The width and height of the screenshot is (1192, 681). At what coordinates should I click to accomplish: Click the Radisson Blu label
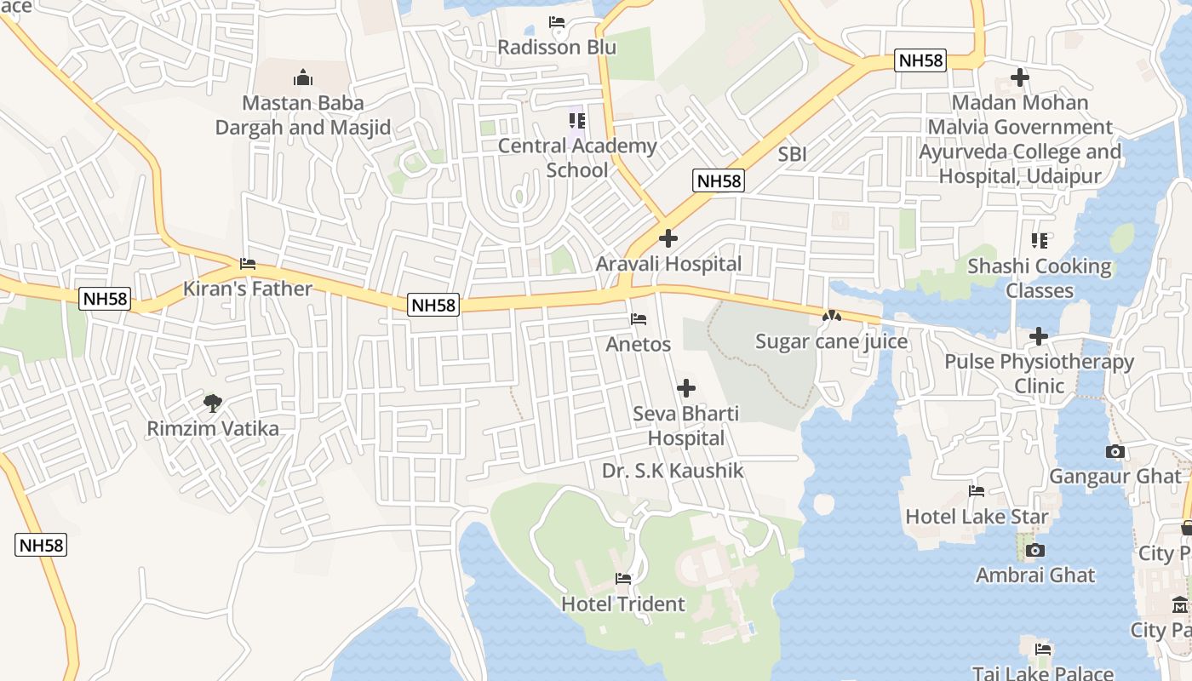[x=556, y=47]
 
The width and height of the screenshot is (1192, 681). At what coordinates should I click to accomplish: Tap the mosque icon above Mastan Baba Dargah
[x=303, y=78]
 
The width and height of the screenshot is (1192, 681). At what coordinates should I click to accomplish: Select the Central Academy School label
[x=577, y=157]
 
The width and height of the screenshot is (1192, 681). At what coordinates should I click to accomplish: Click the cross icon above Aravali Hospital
[x=668, y=238]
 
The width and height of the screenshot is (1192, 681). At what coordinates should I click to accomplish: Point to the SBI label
[x=792, y=155]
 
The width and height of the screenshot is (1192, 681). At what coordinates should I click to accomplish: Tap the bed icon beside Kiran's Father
[x=248, y=264]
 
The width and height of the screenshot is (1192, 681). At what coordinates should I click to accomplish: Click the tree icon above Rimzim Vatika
[x=213, y=403]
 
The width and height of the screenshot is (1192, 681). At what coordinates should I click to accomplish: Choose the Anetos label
[x=638, y=345]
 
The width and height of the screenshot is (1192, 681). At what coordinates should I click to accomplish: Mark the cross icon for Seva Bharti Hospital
[x=685, y=389]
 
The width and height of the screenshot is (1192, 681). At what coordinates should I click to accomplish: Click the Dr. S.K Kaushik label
[x=673, y=471]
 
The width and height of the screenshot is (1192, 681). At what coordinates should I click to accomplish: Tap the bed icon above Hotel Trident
[x=623, y=579]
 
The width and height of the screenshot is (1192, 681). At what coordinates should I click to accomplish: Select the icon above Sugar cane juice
[x=831, y=316]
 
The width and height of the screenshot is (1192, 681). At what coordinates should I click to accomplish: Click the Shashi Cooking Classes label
[x=1039, y=278]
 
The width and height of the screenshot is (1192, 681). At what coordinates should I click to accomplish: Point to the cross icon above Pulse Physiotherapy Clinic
[x=1039, y=336]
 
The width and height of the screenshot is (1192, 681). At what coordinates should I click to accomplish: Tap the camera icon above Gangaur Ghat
[x=1115, y=451]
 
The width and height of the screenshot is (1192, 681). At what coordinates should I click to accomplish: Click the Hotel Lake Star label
[x=977, y=516]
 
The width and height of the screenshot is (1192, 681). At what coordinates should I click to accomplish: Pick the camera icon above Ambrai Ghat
[x=1035, y=551]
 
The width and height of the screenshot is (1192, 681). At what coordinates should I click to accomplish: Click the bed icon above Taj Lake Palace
[x=1043, y=650]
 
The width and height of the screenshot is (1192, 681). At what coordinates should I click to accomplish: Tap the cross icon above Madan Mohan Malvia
[x=1019, y=77]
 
